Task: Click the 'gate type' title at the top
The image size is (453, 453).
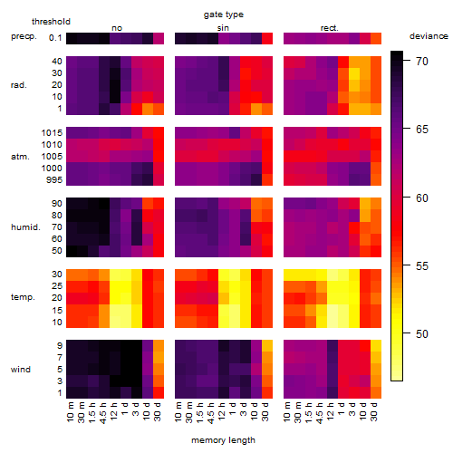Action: (224, 14)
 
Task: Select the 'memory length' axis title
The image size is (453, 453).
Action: (223, 440)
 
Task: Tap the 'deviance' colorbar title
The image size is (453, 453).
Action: (429, 36)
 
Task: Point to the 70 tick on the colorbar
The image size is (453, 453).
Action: (422, 62)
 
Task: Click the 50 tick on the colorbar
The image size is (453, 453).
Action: (422, 334)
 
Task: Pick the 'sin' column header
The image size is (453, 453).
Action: (223, 28)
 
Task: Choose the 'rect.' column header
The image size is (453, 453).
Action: (329, 28)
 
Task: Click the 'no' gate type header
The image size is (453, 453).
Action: (117, 28)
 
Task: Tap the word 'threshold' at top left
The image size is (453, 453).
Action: (51, 22)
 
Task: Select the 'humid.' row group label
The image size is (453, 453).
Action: (25, 227)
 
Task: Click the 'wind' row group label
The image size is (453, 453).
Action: (21, 370)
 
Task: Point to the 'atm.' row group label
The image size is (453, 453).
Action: (20, 157)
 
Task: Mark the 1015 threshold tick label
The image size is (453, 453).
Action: (52, 133)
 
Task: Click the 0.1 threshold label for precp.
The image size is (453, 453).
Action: (55, 38)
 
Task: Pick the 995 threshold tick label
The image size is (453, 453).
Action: (54, 180)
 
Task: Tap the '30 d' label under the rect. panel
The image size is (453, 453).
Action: (374, 412)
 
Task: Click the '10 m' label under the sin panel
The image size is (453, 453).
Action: (178, 412)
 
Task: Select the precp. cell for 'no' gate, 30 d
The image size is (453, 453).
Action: (159, 38)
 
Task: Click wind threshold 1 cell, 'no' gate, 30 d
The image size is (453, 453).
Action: (159, 392)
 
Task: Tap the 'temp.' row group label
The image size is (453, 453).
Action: (23, 297)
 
